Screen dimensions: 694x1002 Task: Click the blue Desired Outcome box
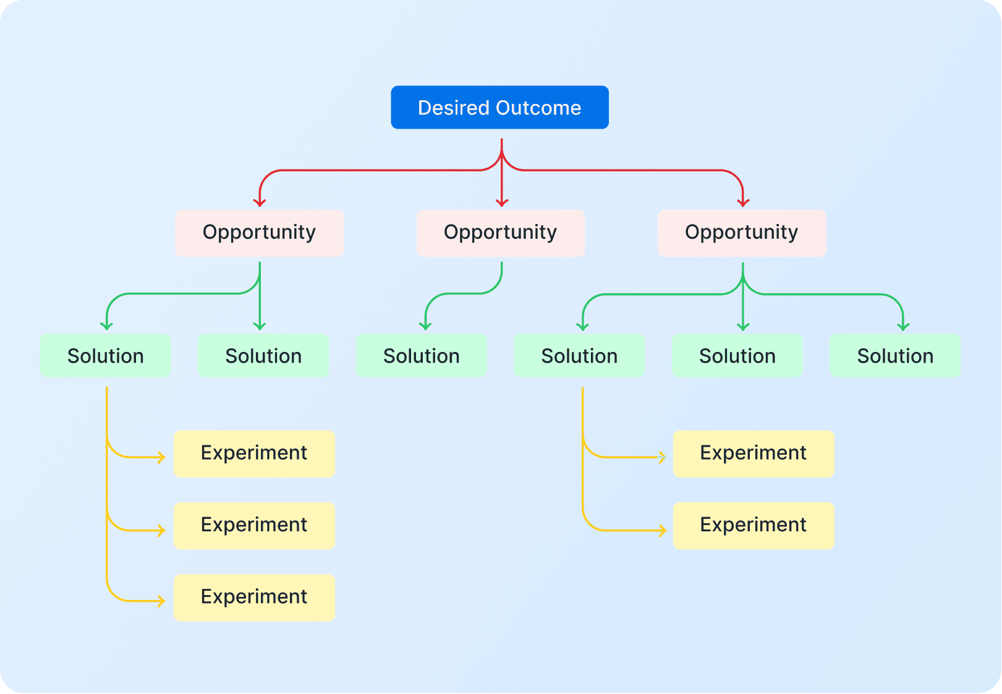coord(499,107)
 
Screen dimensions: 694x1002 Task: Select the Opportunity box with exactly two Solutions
coord(259,233)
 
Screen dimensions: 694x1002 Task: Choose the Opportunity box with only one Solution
coord(500,233)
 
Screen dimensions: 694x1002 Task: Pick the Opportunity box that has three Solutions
coord(741,233)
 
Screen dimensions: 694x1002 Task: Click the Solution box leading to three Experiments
coord(105,356)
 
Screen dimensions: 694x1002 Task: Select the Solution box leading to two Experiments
coord(579,356)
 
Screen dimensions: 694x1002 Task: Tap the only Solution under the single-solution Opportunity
coord(421,356)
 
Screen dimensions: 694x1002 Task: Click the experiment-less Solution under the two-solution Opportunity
coord(263,356)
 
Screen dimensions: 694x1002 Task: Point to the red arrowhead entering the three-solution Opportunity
coord(743,203)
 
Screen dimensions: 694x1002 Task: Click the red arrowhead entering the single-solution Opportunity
coord(502,203)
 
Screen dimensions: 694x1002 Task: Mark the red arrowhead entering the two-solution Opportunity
coord(260,203)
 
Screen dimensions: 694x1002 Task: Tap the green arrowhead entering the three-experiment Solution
coord(107,326)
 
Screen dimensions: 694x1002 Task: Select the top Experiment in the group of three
coord(254,453)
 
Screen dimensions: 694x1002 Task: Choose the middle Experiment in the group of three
coord(254,525)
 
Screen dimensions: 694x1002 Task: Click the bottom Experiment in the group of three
coord(254,597)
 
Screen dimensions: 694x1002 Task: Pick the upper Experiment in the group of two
coord(753,453)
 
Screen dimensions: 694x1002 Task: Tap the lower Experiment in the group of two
coord(753,525)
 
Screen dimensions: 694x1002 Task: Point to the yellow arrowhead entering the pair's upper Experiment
coord(663,458)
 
